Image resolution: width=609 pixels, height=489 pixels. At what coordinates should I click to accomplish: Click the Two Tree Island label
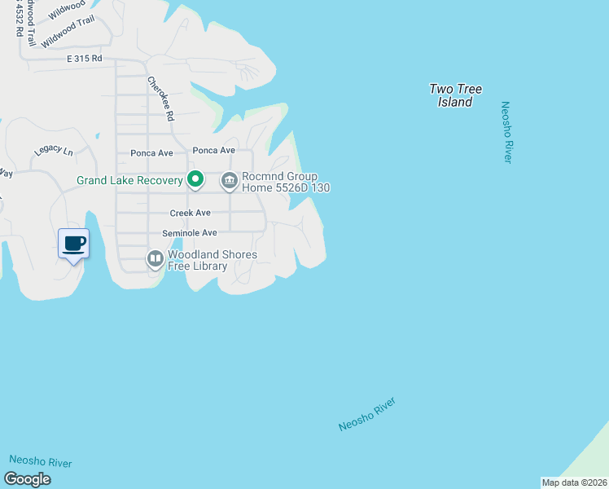tap(455, 95)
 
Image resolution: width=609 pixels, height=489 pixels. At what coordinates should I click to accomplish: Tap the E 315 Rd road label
tap(85, 59)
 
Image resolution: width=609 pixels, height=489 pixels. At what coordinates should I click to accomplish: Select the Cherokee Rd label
tap(161, 99)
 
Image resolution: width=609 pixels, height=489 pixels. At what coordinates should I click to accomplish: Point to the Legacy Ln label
tap(53, 152)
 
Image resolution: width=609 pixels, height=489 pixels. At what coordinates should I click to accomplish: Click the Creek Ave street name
tap(190, 213)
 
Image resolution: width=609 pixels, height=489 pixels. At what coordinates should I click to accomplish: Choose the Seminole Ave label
tap(189, 233)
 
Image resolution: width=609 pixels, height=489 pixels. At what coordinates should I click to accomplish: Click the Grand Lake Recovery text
tap(129, 180)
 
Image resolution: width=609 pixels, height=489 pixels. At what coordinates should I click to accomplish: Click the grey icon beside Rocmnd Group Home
tap(229, 181)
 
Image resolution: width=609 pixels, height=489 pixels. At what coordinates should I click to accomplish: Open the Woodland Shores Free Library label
tap(212, 260)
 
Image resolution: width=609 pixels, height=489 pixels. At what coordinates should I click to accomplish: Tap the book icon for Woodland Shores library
tap(155, 259)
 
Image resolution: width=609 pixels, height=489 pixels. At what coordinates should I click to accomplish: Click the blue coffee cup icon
tap(73, 243)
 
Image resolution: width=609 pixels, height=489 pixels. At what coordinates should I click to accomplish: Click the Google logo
tap(27, 479)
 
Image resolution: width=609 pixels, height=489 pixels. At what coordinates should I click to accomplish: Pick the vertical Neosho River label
tap(506, 132)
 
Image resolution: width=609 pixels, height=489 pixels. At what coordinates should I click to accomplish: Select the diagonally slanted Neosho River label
tap(367, 415)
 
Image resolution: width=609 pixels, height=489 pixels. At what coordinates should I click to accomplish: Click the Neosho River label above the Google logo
tap(41, 462)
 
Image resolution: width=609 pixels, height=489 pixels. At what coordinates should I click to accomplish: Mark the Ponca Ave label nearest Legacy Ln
tap(151, 152)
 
